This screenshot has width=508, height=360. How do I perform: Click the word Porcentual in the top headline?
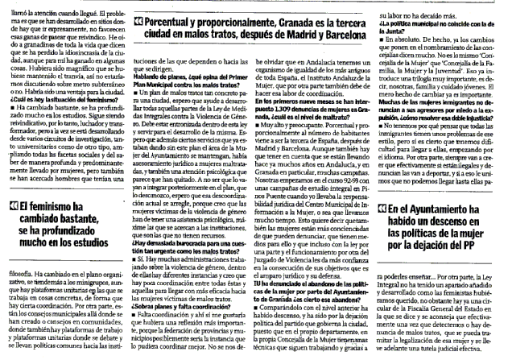tap(175, 9)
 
